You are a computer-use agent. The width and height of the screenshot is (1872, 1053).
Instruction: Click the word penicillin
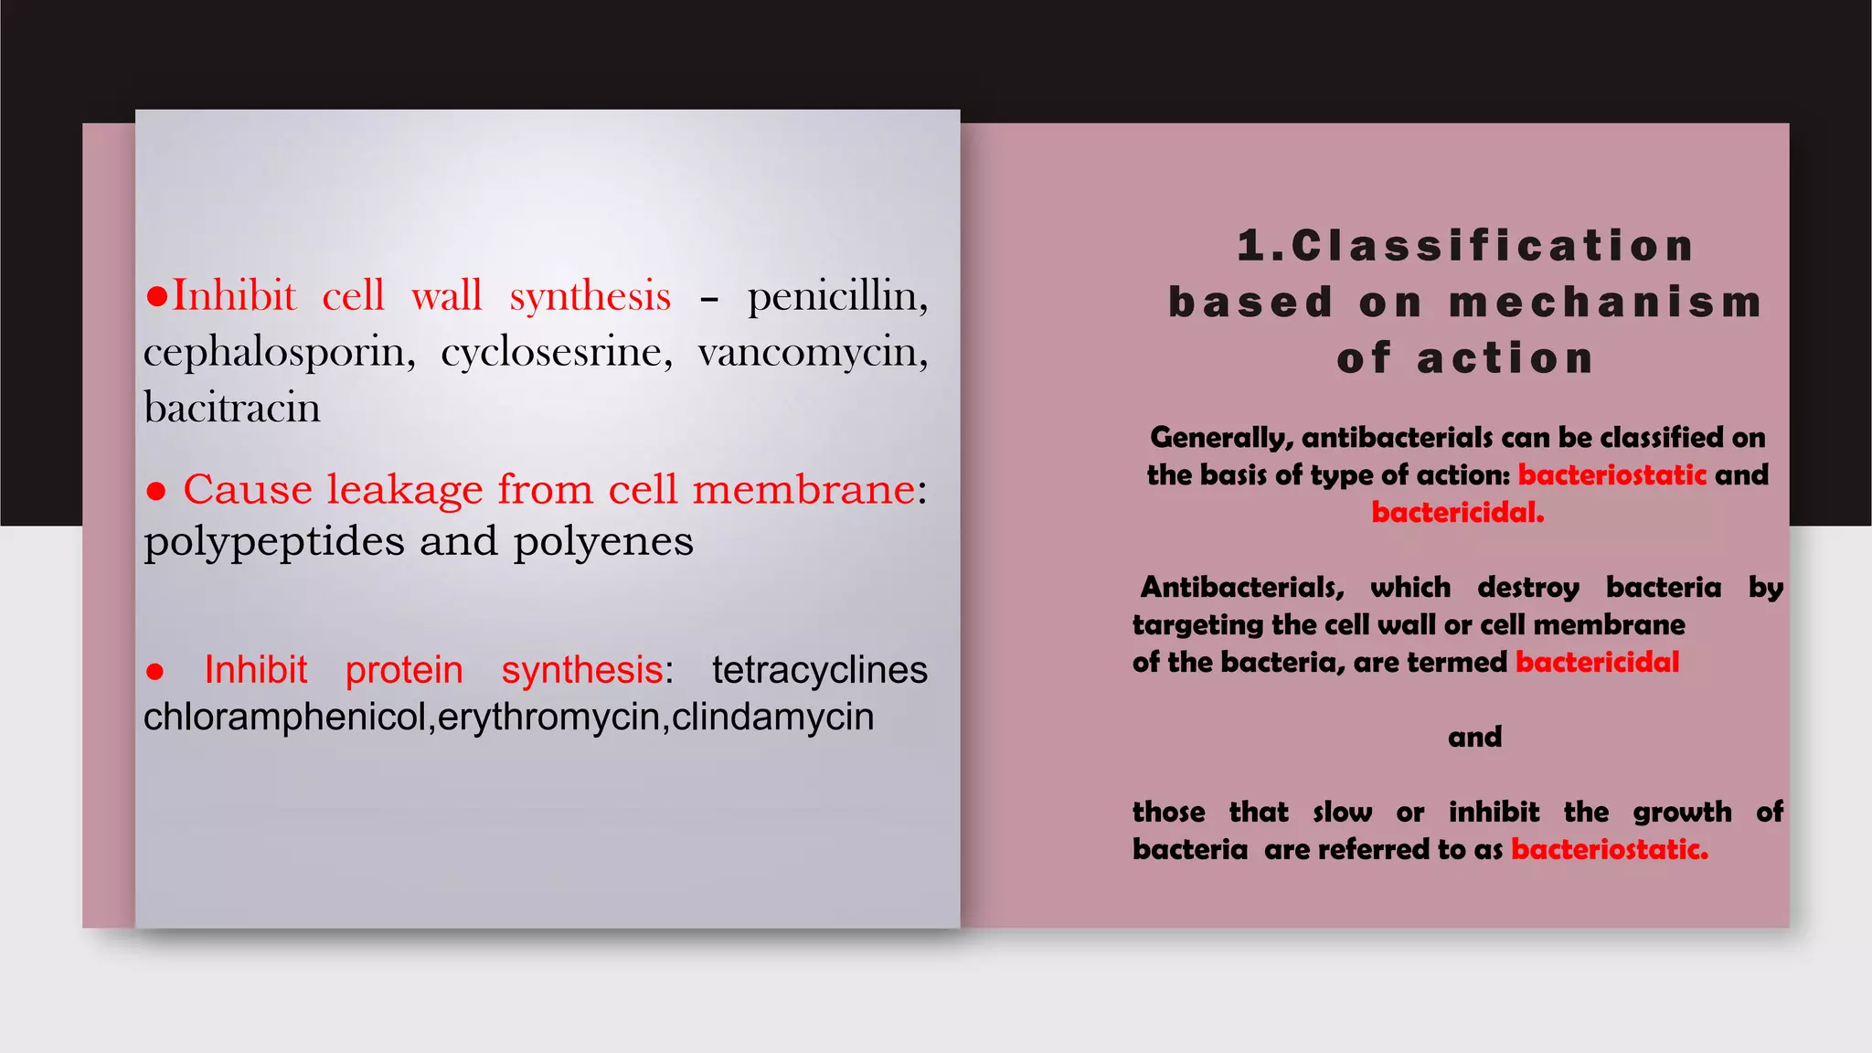pyautogui.click(x=836, y=297)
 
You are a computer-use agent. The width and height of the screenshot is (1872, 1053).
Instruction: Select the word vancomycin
pyautogui.click(x=812, y=353)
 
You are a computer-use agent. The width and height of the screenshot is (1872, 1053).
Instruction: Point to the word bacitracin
pyautogui.click(x=232, y=409)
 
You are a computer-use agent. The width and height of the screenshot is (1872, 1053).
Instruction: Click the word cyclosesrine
pyautogui.click(x=556, y=353)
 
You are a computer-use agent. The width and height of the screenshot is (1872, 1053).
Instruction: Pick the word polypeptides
pyautogui.click(x=274, y=542)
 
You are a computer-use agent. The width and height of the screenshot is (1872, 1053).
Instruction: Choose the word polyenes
pyautogui.click(x=603, y=542)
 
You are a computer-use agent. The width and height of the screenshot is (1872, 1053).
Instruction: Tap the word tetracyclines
pyautogui.click(x=820, y=670)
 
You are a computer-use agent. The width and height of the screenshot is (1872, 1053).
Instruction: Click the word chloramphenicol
pyautogui.click(x=285, y=718)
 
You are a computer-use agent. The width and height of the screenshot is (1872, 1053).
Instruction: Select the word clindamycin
pyautogui.click(x=773, y=718)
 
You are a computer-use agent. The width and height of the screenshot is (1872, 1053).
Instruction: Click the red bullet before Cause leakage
pyautogui.click(x=156, y=492)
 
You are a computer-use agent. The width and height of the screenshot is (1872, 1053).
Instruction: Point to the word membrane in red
pyautogui.click(x=803, y=490)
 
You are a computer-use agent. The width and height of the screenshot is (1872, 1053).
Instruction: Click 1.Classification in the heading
pyautogui.click(x=1465, y=246)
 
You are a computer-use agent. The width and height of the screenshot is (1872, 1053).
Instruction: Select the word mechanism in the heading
pyautogui.click(x=1606, y=303)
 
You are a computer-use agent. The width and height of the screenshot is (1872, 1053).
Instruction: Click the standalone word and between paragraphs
pyautogui.click(x=1474, y=737)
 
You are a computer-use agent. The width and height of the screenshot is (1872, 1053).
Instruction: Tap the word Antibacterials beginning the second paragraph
pyautogui.click(x=1242, y=587)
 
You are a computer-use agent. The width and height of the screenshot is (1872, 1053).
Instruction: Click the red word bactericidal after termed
pyautogui.click(x=1597, y=662)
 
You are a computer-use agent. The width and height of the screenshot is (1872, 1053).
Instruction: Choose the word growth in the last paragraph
pyautogui.click(x=1682, y=813)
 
